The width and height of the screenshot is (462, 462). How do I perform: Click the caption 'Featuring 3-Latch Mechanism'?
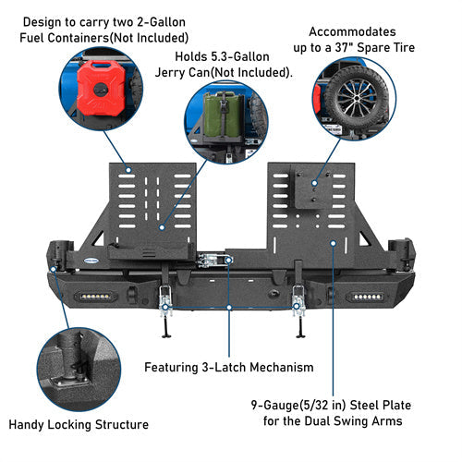click(x=229, y=367)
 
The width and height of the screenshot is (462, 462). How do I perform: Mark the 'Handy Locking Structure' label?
click(x=79, y=425)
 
